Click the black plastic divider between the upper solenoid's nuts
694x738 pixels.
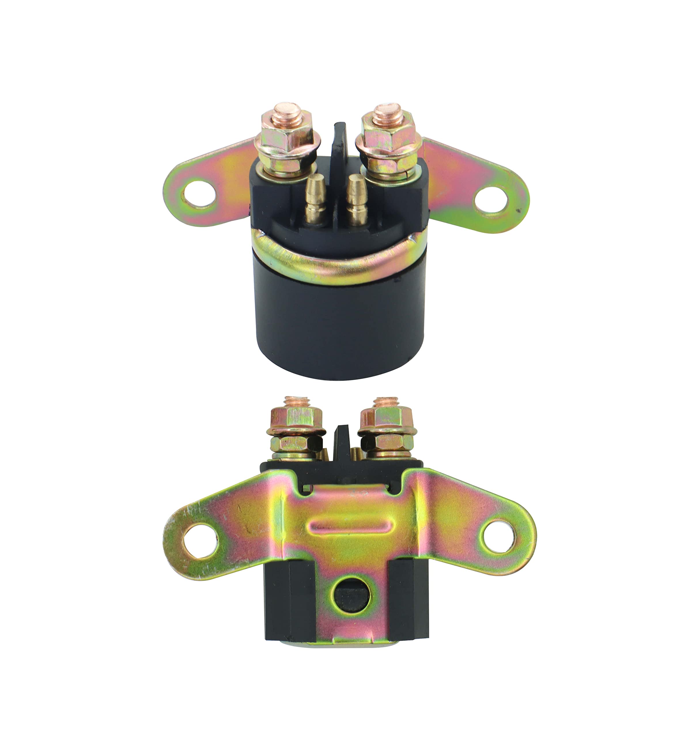pos(339,145)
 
